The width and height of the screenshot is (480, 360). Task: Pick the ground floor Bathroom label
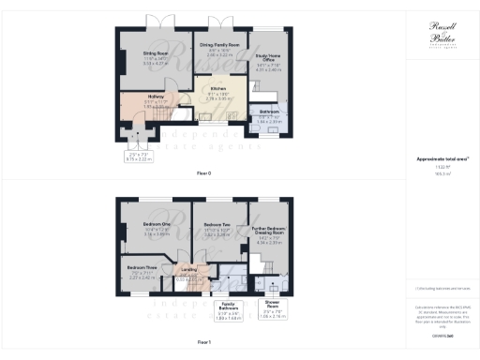(x=270, y=112)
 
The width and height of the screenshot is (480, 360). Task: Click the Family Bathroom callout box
(x=227, y=310)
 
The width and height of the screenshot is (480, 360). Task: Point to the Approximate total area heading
(x=442, y=158)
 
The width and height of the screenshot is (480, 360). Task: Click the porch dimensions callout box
(x=140, y=157)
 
